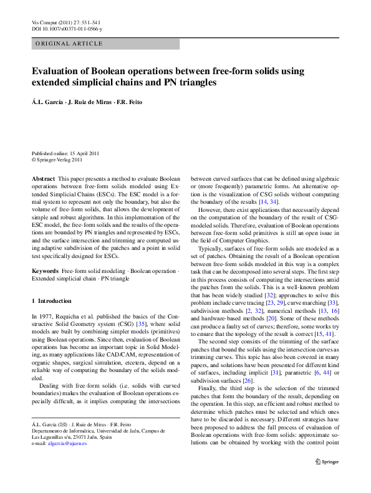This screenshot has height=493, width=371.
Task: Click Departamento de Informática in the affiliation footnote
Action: tap(63, 430)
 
